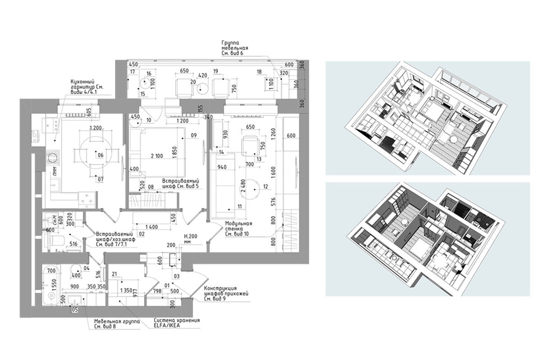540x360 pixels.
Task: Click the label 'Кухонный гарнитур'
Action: (x=87, y=84)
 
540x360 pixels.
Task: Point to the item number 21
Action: (x=114, y=274)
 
